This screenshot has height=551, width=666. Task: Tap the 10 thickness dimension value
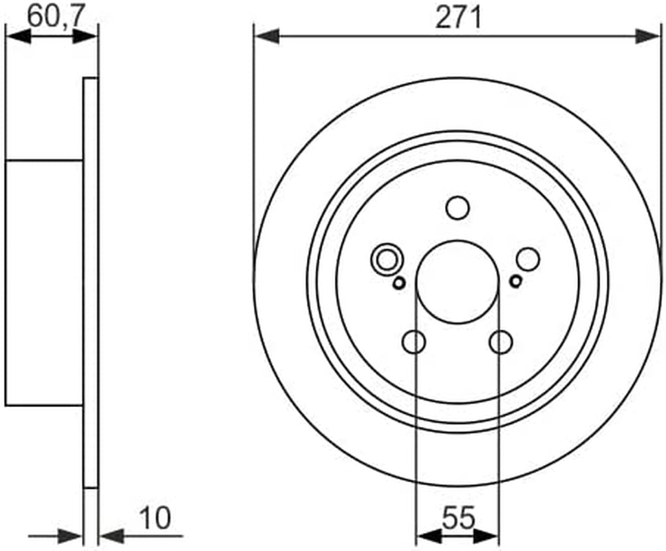155,518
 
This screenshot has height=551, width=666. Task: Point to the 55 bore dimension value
458,518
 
